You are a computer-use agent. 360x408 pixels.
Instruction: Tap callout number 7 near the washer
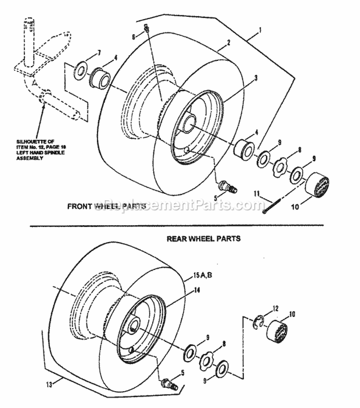click(99, 52)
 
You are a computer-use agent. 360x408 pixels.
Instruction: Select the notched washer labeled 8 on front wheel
click(279, 167)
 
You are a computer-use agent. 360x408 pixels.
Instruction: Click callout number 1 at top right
click(260, 30)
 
